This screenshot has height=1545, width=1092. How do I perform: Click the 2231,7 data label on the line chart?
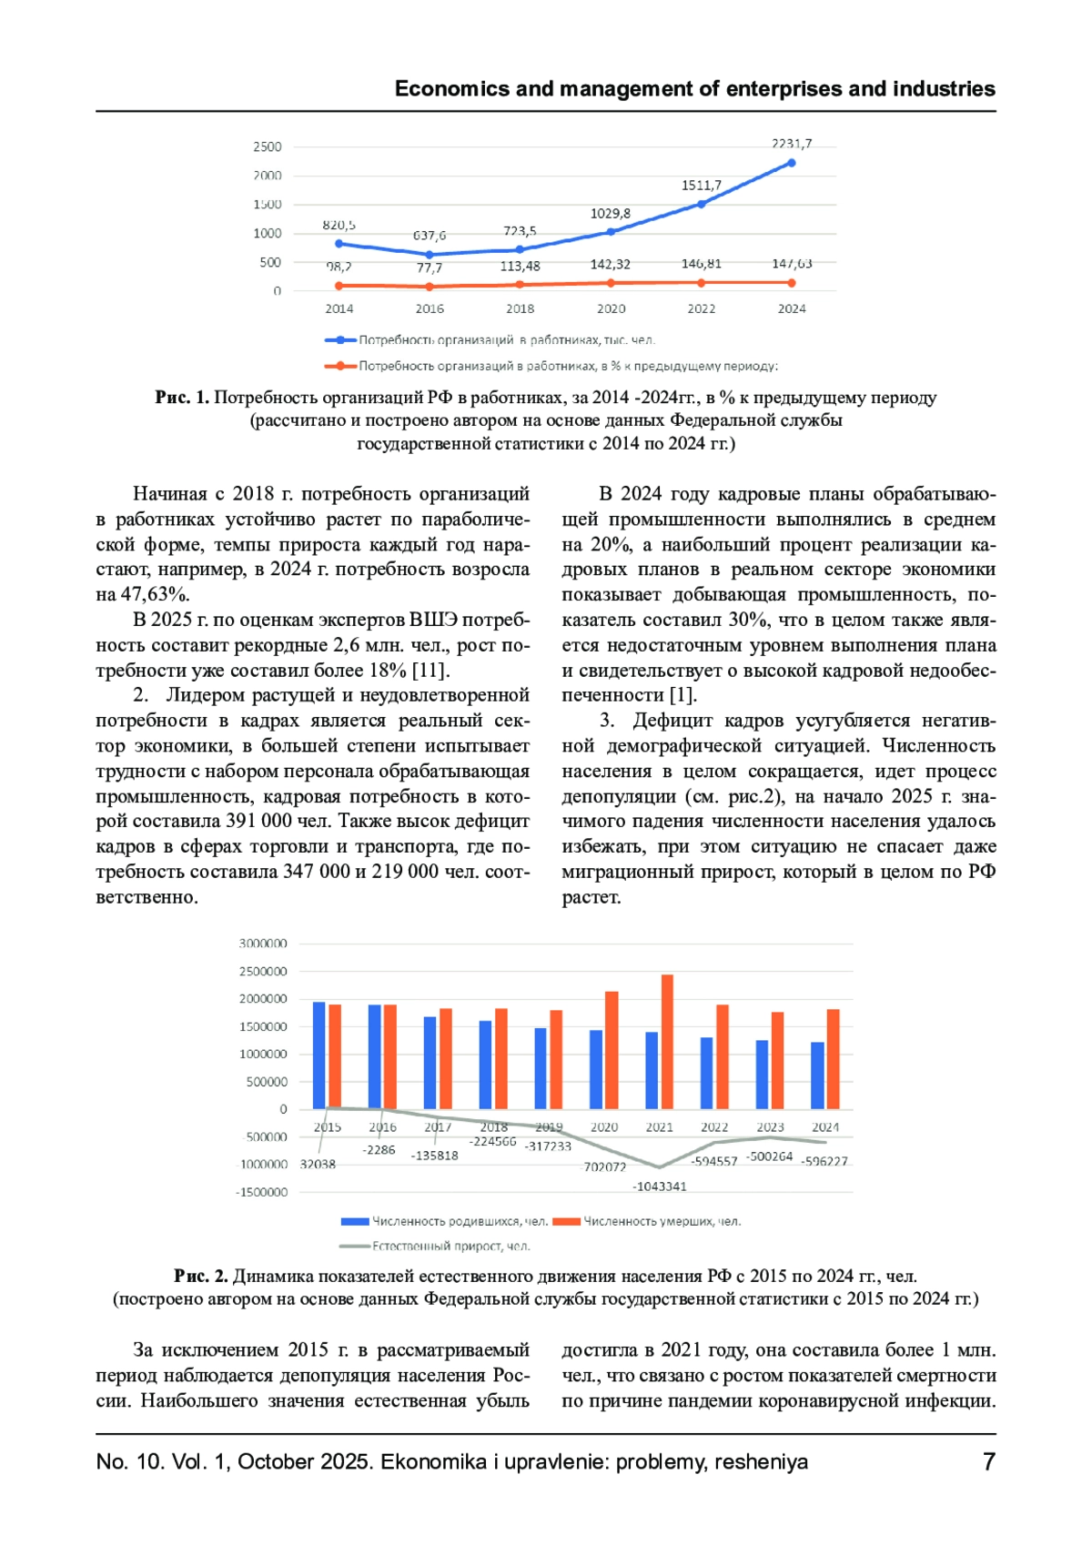791,144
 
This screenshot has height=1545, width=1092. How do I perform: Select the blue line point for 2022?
702,204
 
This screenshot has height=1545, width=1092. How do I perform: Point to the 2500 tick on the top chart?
268,146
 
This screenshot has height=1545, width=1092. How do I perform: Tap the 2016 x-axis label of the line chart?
430,308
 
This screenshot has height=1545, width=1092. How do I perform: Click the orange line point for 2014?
339,286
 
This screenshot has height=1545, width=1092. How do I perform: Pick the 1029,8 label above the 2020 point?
611,214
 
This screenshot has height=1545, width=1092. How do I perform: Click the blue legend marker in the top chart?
340,340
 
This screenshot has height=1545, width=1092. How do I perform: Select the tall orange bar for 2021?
667,1042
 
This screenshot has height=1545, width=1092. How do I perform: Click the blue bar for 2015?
319,1055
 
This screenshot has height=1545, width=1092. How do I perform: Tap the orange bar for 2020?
612,1050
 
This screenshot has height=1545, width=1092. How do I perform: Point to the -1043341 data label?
660,1187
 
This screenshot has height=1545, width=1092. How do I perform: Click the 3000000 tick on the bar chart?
263,944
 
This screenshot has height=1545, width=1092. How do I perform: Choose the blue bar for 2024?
817,1075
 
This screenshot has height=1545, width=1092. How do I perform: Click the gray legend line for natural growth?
355,1246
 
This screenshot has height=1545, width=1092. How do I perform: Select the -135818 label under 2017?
435,1156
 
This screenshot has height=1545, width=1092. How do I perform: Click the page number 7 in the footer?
989,1461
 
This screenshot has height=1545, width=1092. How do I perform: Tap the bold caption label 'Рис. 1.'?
182,398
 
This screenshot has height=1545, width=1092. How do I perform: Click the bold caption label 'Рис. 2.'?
201,1276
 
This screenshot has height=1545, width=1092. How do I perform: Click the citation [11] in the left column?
430,671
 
